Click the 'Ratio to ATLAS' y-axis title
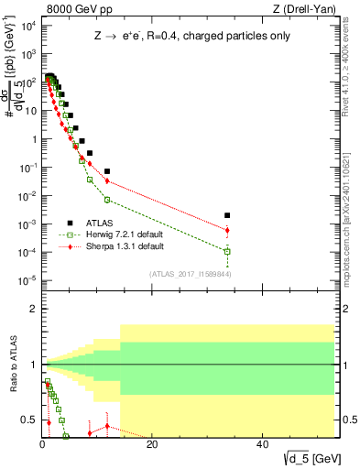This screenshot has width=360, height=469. coord(12,376)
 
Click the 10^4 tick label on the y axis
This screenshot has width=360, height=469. coord(27,26)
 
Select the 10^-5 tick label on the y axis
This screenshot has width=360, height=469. coord(27,280)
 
